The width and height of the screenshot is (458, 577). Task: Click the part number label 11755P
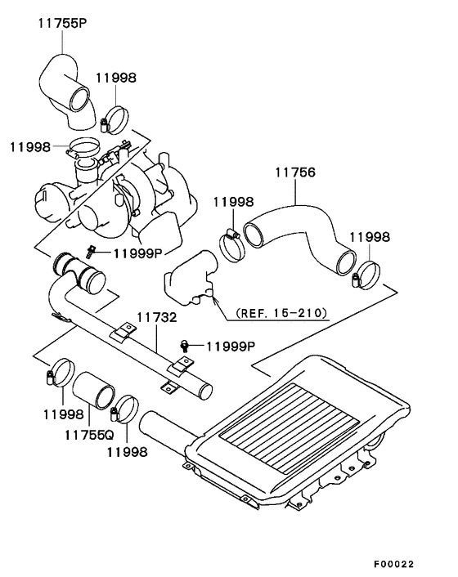click(62, 23)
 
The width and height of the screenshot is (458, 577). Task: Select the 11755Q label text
click(89, 435)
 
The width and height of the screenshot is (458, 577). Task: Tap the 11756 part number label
click(295, 172)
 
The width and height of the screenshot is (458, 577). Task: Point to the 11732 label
click(157, 317)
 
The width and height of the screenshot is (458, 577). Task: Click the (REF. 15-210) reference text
click(281, 313)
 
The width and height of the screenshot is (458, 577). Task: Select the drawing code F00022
click(394, 564)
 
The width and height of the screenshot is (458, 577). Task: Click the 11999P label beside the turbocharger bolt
click(138, 253)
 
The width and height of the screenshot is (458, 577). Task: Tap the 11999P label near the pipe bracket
click(231, 347)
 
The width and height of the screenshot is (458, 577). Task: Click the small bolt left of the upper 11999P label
click(89, 252)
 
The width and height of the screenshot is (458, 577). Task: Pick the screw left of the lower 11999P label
click(184, 347)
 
